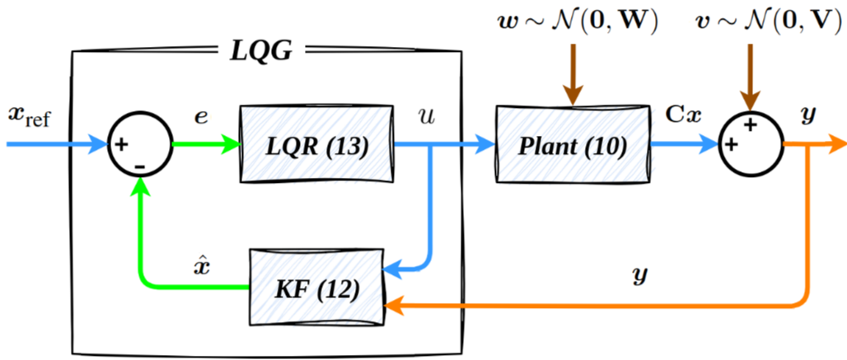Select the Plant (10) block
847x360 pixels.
[573, 144]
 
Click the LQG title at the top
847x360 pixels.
[261, 52]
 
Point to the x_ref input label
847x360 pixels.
[28, 115]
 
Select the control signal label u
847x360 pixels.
[427, 116]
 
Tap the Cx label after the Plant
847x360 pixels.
[683, 115]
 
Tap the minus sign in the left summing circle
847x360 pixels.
[140, 166]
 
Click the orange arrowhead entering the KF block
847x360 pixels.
[393, 306]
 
